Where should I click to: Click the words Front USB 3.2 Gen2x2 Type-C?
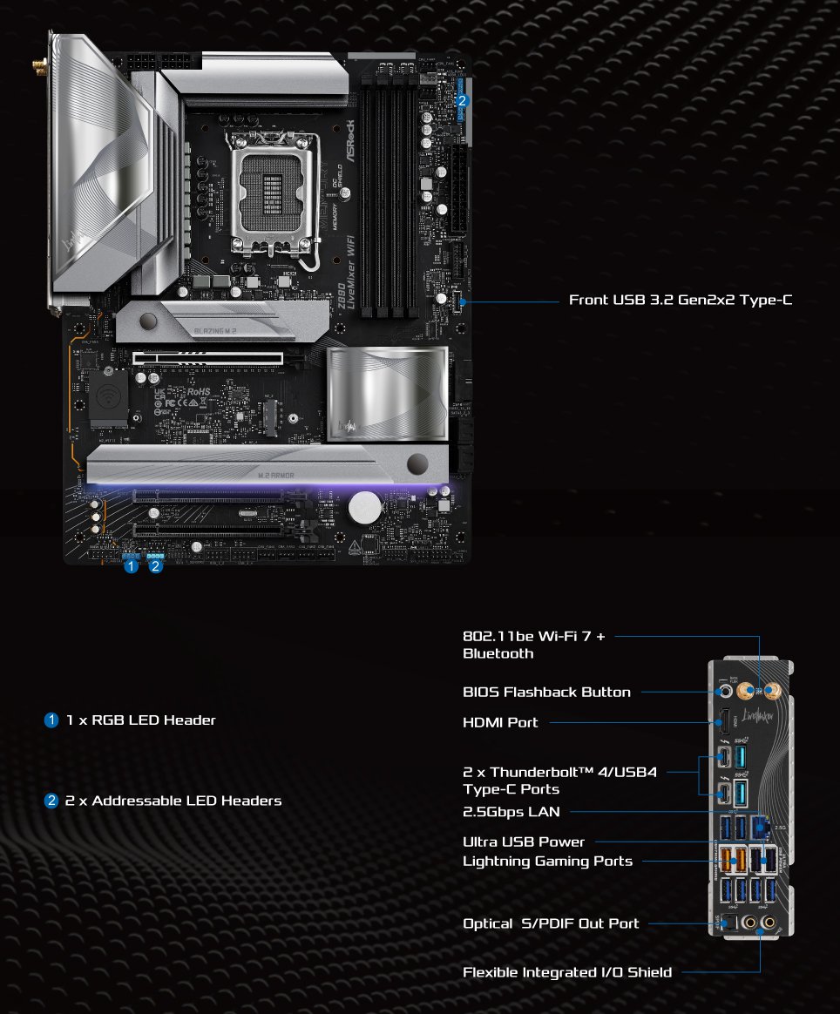(x=681, y=300)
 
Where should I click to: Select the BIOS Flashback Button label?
(x=546, y=692)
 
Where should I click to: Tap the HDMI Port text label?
(x=500, y=722)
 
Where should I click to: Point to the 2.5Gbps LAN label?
(x=511, y=812)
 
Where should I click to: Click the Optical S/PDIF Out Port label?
(x=551, y=923)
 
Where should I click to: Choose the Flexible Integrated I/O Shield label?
(x=567, y=972)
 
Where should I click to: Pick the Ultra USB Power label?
(x=524, y=842)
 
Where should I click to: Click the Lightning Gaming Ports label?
(x=547, y=861)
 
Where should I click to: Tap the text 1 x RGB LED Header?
(x=140, y=720)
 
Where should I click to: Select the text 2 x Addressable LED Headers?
(x=173, y=801)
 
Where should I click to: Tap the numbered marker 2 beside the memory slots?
(x=463, y=100)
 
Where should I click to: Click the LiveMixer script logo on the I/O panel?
(x=760, y=715)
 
